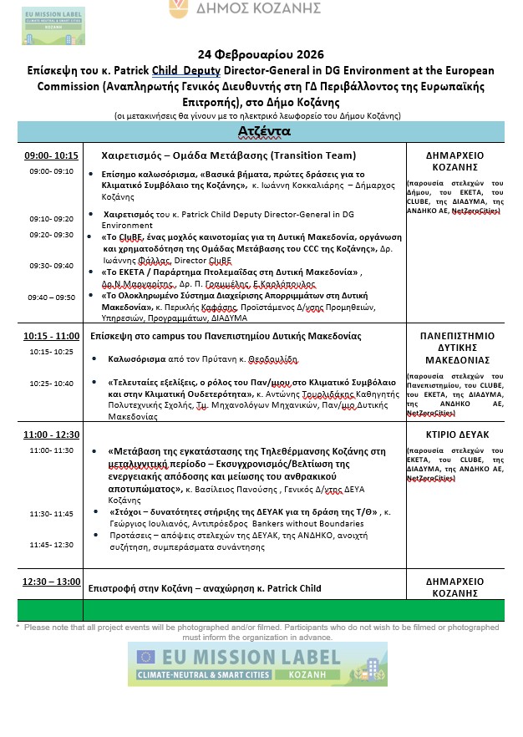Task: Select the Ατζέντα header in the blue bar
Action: coord(263,132)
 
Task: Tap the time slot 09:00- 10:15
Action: coord(51,155)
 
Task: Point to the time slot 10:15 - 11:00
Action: coord(52,335)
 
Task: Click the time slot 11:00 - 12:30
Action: coord(52,435)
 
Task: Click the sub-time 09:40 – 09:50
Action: coord(52,297)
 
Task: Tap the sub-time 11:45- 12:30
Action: coord(52,544)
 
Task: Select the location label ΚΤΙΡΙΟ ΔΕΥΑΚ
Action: coord(457,435)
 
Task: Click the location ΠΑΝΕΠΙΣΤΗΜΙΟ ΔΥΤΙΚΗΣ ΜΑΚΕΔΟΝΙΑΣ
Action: coord(457,348)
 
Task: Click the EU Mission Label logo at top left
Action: coord(53,26)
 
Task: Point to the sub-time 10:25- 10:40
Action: coord(52,383)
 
